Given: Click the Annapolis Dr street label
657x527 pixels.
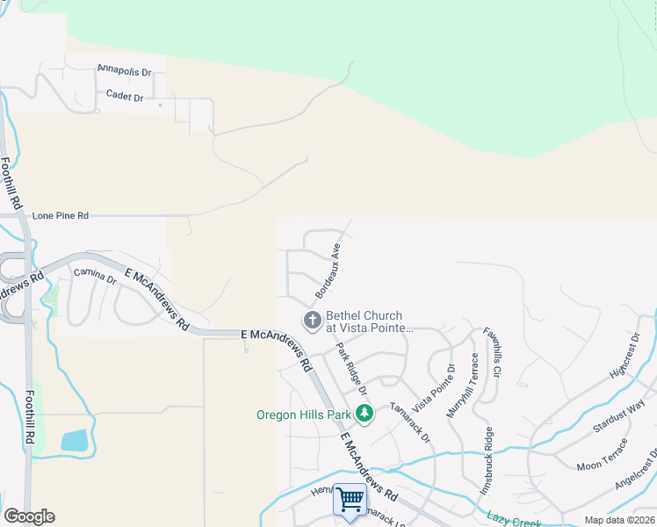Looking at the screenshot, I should click(x=124, y=69).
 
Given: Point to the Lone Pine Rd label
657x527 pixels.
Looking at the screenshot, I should click(x=61, y=215).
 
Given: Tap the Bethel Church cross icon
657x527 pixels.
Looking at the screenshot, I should click(x=312, y=321).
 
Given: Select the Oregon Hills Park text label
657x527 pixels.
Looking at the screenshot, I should click(x=303, y=415).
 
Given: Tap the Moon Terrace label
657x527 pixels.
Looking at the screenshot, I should click(x=602, y=458).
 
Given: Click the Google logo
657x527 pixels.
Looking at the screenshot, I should click(x=29, y=516).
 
